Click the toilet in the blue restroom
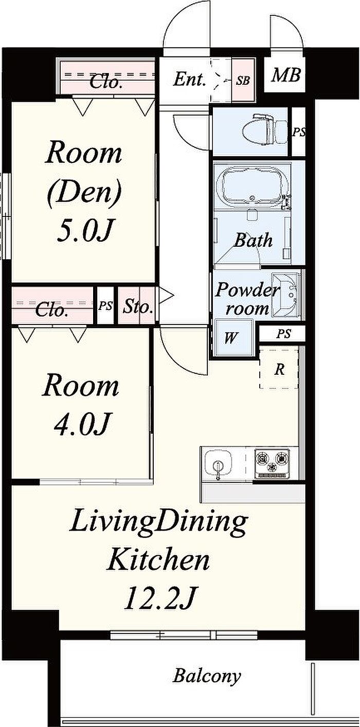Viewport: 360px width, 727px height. (264, 130)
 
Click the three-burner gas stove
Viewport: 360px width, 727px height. (272, 463)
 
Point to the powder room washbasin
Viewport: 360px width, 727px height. (287, 295)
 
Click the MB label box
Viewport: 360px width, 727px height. (285, 75)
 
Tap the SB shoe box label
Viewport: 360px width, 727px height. (243, 80)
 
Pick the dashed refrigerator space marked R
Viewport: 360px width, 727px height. (279, 369)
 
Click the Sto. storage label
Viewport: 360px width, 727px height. (138, 306)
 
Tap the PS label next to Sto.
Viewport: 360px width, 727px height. (105, 306)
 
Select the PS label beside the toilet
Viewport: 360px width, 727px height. (299, 132)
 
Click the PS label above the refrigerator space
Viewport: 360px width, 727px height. (283, 334)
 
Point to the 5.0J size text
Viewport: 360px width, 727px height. (84, 231)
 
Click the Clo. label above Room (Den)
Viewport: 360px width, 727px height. (106, 82)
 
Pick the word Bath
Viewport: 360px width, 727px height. (253, 240)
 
